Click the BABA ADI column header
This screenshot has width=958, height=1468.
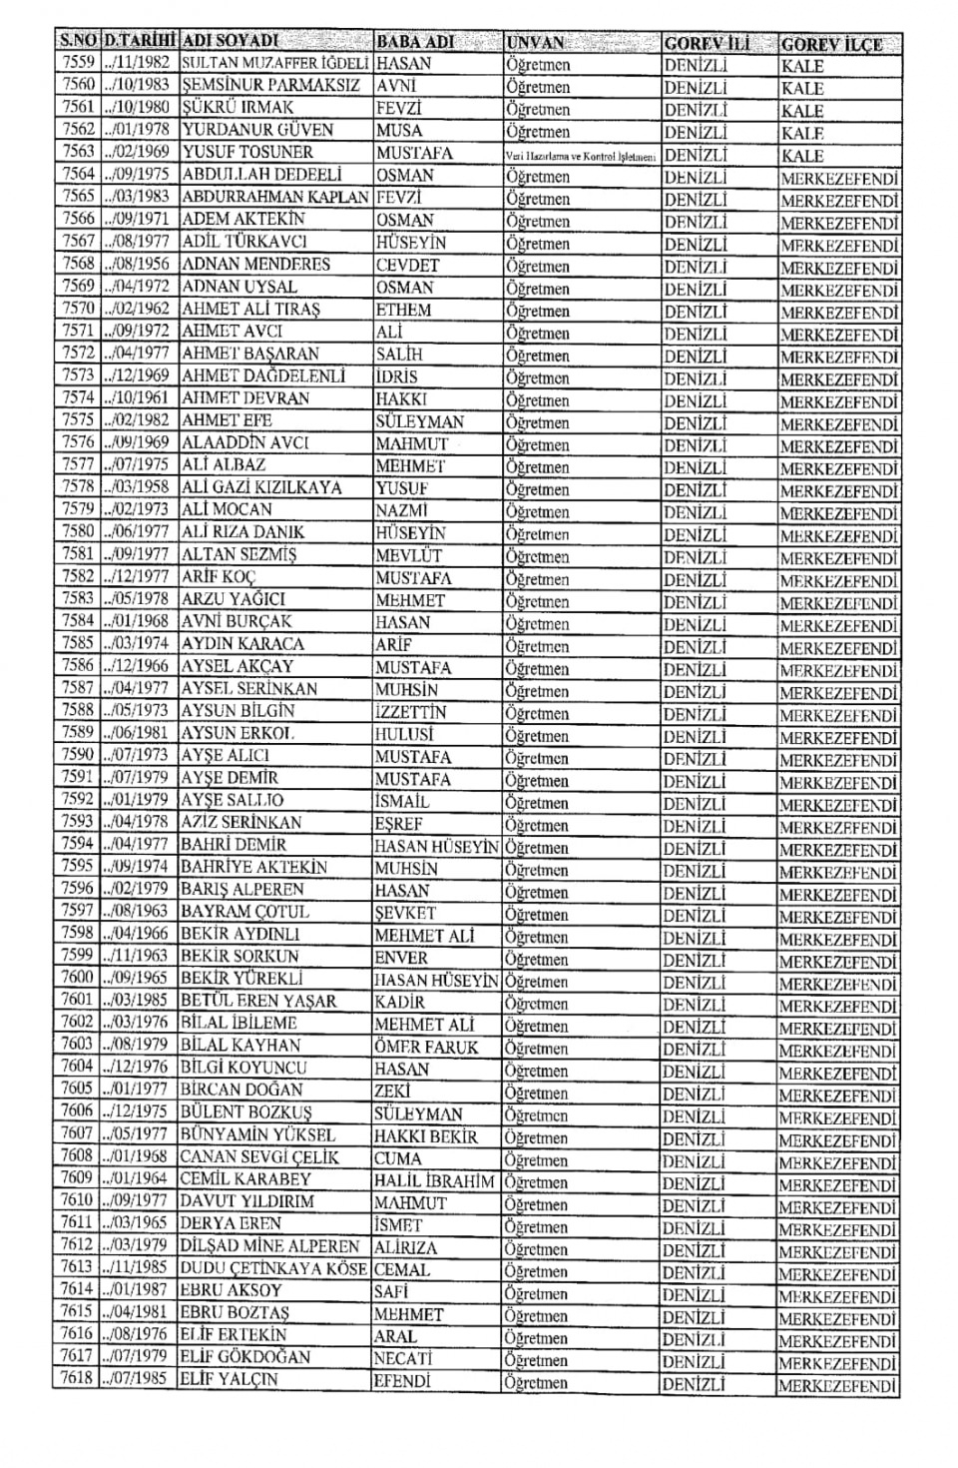coord(415,43)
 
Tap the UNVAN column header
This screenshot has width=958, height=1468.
coord(536,43)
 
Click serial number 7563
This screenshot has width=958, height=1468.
coord(77,152)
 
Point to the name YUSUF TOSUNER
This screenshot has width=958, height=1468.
coord(247,152)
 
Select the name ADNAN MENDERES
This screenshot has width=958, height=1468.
coord(255,265)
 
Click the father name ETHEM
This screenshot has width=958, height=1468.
coord(403,310)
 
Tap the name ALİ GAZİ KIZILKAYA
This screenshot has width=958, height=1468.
coord(261,487)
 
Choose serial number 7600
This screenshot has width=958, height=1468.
coord(77,978)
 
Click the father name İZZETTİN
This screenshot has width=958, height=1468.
coord(410,712)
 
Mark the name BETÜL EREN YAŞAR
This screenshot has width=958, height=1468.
coord(258,1001)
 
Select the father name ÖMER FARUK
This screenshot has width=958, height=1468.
coord(426,1047)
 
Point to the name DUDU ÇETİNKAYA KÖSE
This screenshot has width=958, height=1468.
coord(275,1268)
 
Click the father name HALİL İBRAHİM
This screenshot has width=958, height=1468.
coord(434,1181)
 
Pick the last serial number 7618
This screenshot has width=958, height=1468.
coord(77,1379)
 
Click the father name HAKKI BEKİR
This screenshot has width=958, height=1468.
coord(426,1136)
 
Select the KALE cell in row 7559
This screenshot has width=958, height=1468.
coord(802,66)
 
